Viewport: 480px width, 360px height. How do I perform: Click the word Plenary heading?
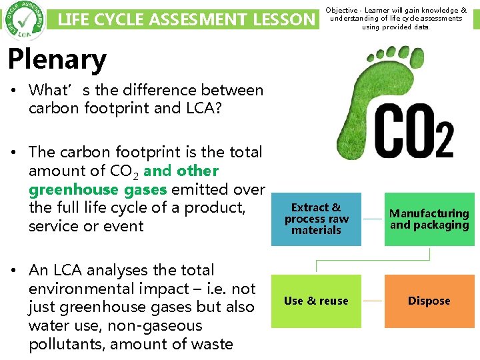click(x=57, y=59)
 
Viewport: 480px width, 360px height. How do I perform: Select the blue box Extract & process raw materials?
click(x=316, y=219)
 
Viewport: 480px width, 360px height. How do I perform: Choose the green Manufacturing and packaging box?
click(x=429, y=219)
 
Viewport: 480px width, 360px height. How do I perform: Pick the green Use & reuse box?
click(x=316, y=301)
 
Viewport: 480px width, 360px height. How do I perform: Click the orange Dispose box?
click(x=429, y=301)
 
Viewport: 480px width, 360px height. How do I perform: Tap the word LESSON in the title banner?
click(x=285, y=20)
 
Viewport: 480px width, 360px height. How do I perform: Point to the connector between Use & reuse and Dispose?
click(x=373, y=301)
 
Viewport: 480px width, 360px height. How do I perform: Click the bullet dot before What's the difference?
click(x=14, y=90)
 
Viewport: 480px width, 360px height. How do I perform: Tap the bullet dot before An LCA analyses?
click(x=14, y=270)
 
